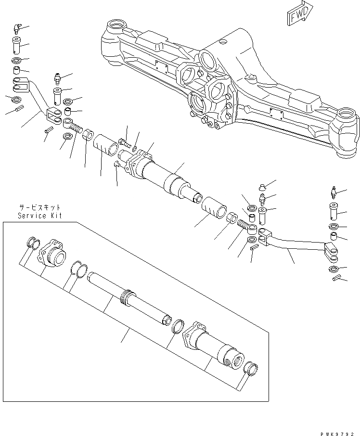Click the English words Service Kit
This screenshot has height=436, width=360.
click(x=40, y=216)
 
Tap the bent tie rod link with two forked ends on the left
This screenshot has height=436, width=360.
click(x=39, y=101)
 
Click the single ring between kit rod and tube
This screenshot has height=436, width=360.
click(x=178, y=326)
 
